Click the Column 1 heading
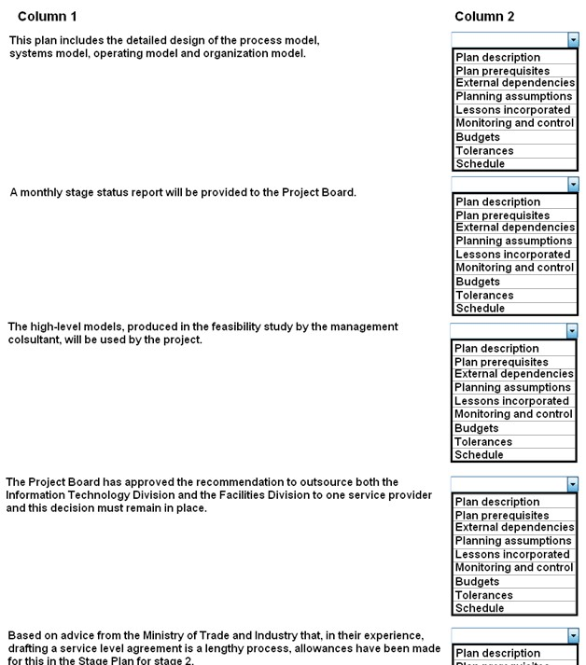(48, 17)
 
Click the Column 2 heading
(484, 17)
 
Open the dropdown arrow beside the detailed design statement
(573, 40)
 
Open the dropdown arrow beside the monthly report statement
(573, 185)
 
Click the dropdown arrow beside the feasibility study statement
(572, 331)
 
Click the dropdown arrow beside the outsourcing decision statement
(573, 484)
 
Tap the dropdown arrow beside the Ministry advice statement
(573, 636)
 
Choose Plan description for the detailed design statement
(497, 58)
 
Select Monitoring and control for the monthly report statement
(514, 268)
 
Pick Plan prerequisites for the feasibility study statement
(501, 362)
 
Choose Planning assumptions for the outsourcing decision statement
(513, 541)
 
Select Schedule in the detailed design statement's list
(480, 164)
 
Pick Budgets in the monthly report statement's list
(477, 282)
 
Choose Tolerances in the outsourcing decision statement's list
(483, 595)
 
